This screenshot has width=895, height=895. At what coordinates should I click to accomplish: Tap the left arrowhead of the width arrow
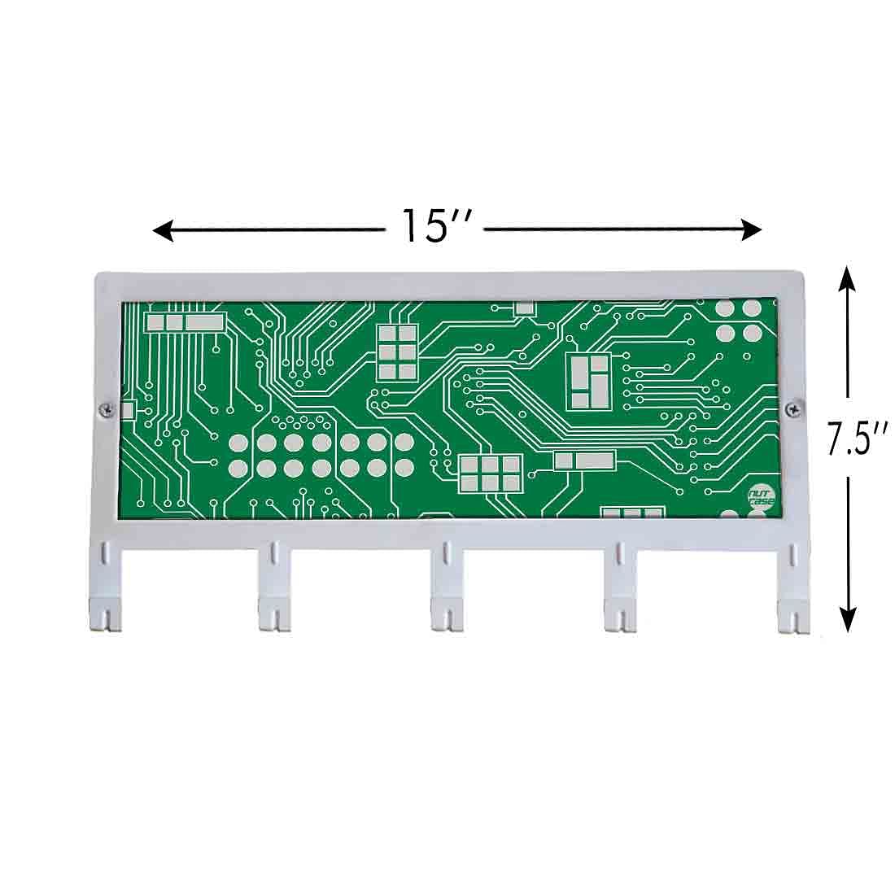point(162,230)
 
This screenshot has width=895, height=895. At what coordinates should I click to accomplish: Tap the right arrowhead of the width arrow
point(751,230)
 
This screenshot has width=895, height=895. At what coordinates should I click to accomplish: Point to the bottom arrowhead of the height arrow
point(849,619)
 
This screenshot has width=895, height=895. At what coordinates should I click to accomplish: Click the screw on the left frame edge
point(106,408)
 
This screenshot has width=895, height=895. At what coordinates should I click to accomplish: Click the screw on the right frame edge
point(792,408)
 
